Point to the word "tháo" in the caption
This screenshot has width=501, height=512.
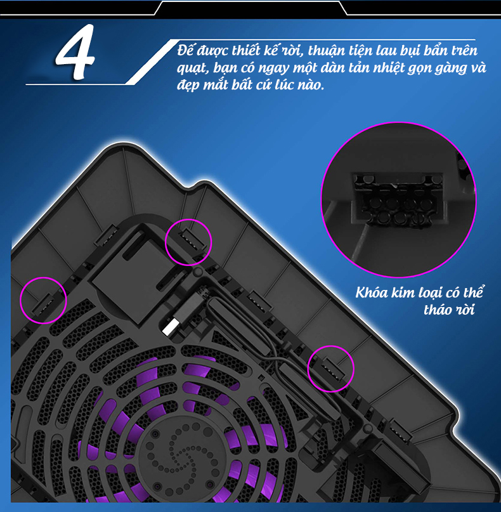438,310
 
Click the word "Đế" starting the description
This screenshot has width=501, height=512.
185,50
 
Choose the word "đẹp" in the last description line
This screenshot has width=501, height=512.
187,86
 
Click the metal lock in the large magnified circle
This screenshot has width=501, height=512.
399,199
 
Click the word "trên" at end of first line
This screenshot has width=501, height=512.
464,51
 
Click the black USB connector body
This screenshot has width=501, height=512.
190,306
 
